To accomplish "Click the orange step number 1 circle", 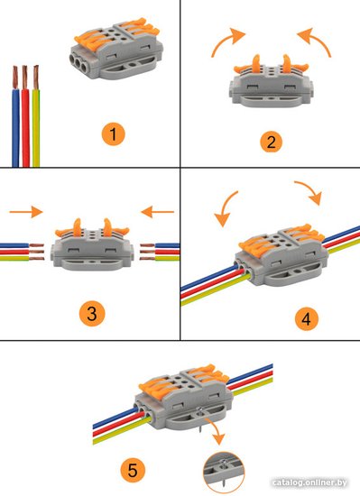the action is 114,134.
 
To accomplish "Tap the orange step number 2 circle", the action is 271,142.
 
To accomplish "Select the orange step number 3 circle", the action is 92,314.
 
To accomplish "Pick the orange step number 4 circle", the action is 306,318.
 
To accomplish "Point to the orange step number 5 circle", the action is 133,470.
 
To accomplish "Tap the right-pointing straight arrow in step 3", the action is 26,212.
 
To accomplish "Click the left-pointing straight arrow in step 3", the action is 157,212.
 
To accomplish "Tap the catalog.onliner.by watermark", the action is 309,482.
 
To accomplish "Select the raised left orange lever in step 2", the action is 256,63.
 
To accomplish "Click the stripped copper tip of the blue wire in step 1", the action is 14,78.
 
